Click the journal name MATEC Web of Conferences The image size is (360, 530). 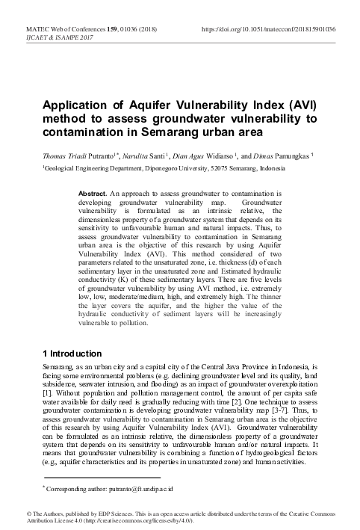click(x=52, y=28)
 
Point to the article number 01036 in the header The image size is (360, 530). click(x=134, y=28)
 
